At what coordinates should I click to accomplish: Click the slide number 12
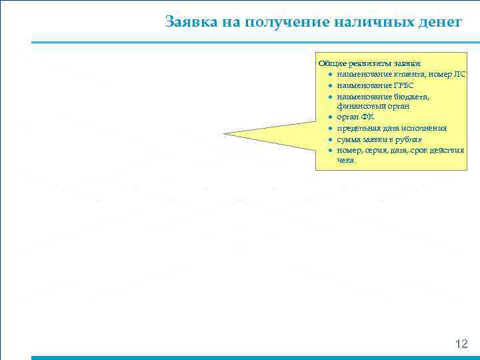click(461, 344)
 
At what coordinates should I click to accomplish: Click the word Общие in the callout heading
click(331, 63)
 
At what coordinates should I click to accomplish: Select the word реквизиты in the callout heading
click(365, 63)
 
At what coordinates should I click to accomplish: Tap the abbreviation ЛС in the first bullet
click(459, 73)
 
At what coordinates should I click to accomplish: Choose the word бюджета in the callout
click(411, 96)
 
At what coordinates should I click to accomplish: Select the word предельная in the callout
click(359, 128)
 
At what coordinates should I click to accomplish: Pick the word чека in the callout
click(346, 161)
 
